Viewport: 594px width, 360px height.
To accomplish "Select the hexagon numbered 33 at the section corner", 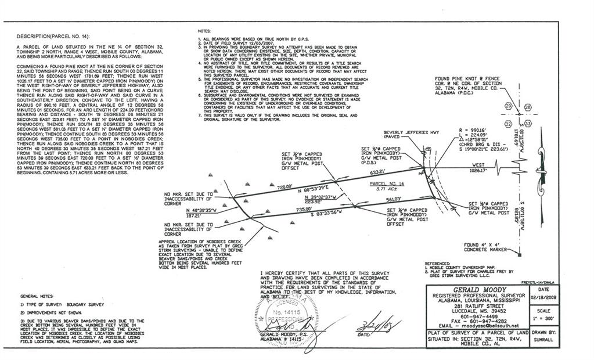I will (528, 124).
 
